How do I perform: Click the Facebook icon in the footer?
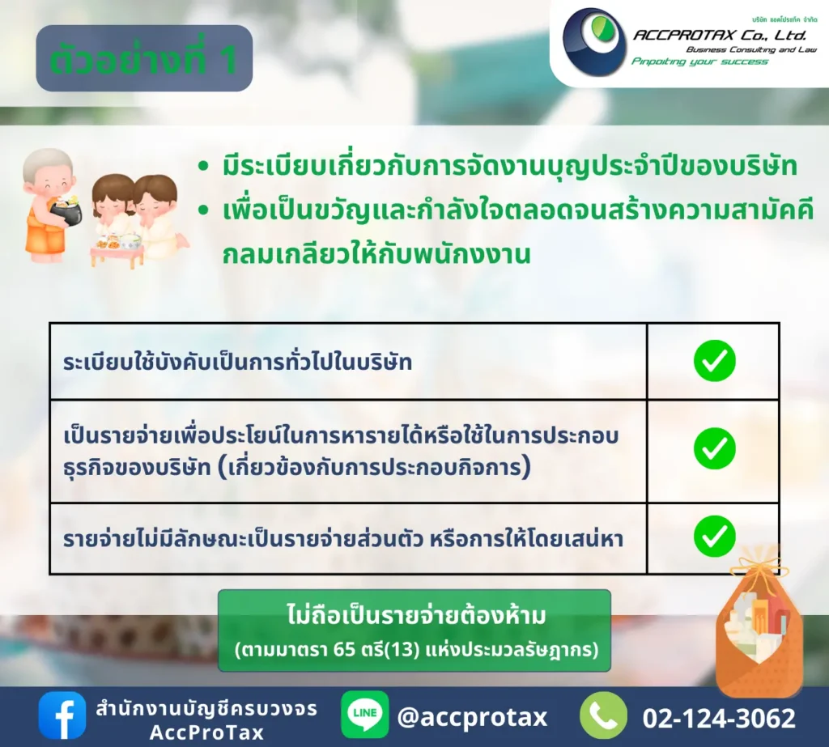(62, 715)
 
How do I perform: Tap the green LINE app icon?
(365, 715)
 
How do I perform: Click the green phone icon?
(604, 715)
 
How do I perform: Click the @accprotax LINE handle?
(472, 717)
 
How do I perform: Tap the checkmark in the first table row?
(714, 360)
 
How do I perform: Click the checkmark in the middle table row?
(714, 448)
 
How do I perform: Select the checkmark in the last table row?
(714, 536)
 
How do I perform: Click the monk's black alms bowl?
(66, 212)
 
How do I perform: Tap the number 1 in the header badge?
(228, 60)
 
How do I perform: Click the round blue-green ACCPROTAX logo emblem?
(594, 42)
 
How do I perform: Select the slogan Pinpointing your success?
(699, 62)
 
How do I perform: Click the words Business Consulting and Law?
(751, 49)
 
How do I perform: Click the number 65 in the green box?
(345, 649)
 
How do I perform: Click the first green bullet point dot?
(203, 167)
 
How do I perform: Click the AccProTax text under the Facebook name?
(206, 732)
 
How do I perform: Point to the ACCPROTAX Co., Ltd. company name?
(720, 36)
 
